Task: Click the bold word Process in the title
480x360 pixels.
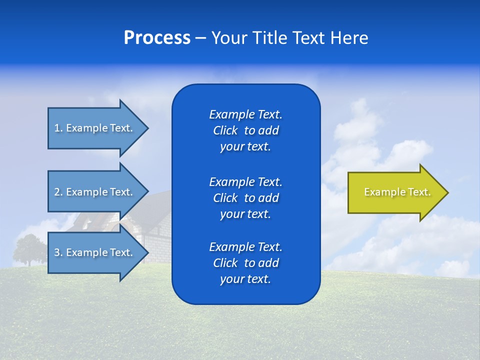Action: [157, 38]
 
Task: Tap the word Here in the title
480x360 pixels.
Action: [349, 38]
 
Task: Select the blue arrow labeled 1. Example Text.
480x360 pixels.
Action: [95, 128]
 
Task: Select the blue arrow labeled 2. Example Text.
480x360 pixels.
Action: [95, 192]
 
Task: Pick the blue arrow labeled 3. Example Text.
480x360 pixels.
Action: [95, 252]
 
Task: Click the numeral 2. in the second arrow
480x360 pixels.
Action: [58, 192]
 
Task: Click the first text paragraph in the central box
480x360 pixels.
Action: [245, 130]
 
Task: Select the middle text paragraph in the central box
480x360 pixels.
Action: [245, 197]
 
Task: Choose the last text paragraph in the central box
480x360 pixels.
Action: [245, 262]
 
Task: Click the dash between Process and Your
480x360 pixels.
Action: [200, 38]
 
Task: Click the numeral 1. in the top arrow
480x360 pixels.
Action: [58, 128]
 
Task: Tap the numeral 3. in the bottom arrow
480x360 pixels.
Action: [58, 252]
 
